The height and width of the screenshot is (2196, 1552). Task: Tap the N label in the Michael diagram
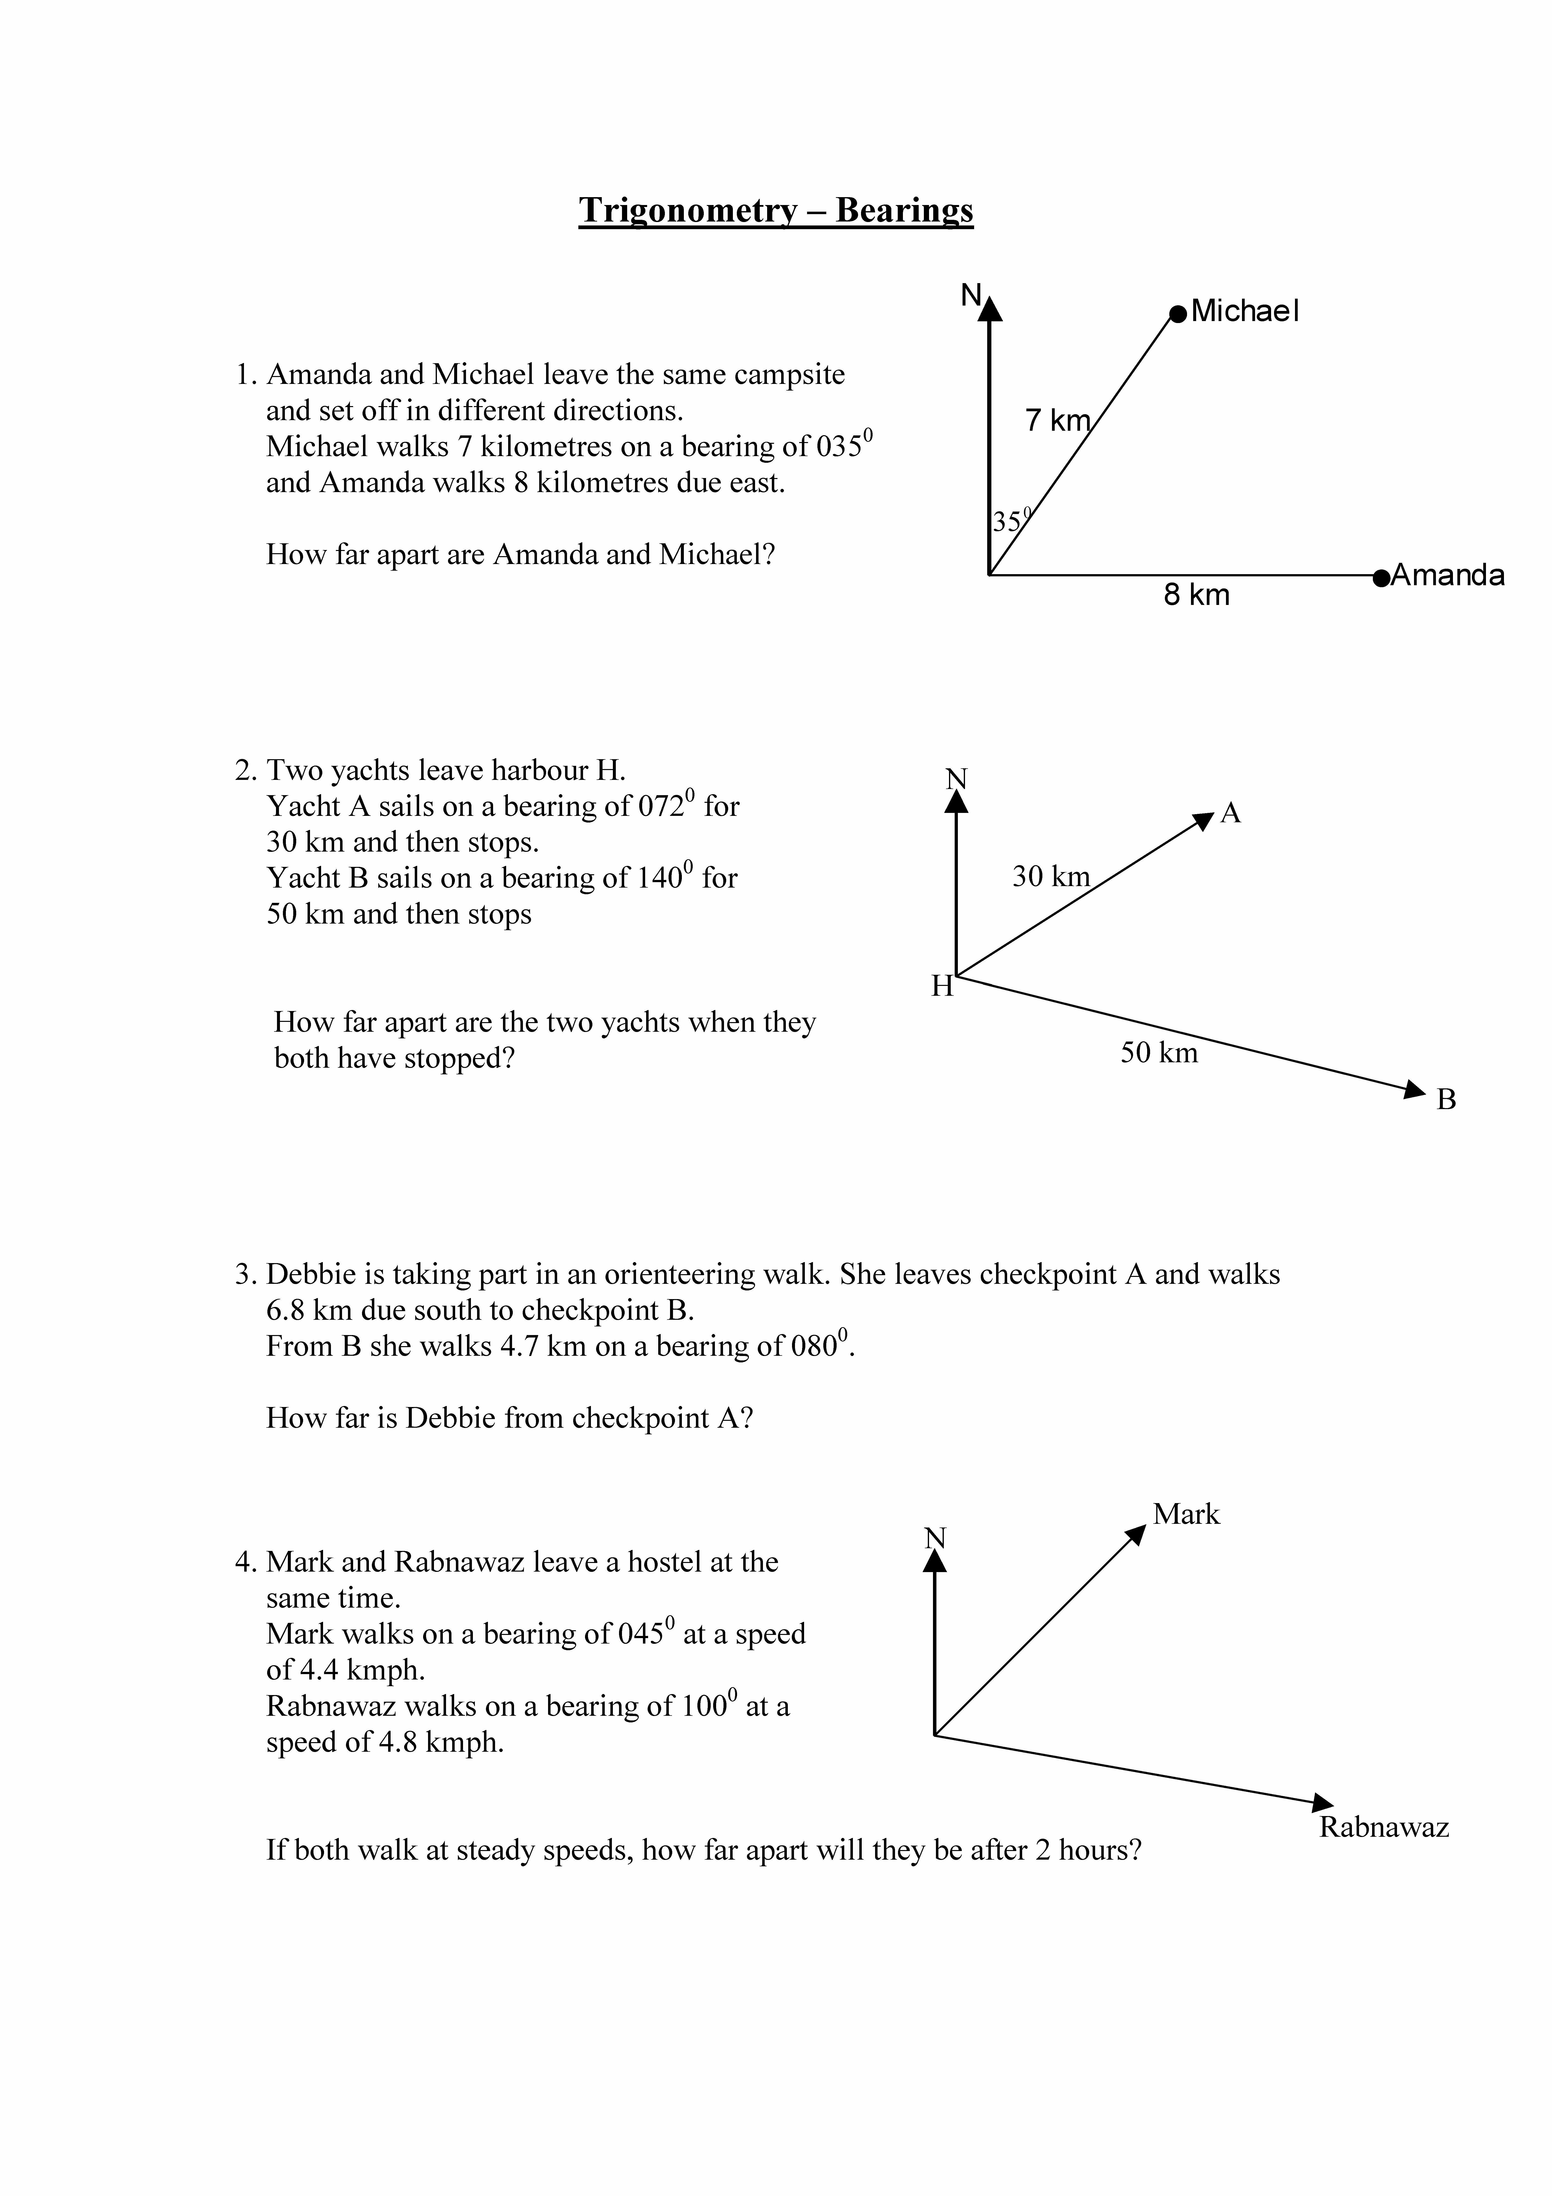(971, 295)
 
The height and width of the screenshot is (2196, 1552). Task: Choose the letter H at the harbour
(942, 987)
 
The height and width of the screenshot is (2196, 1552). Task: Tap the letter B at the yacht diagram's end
(1446, 1100)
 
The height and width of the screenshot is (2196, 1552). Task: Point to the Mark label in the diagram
(1186, 1514)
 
